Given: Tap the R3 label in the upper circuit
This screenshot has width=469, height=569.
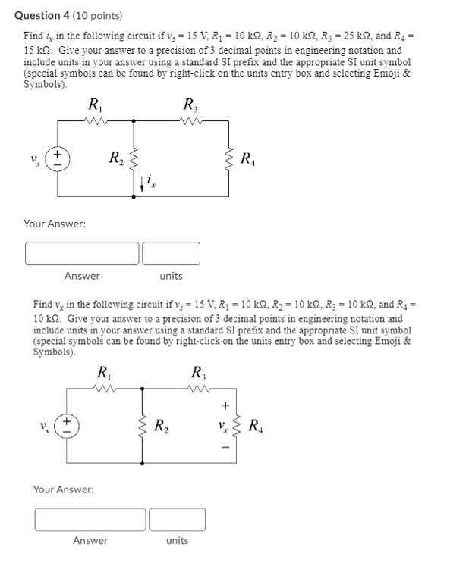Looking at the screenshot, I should tap(191, 105).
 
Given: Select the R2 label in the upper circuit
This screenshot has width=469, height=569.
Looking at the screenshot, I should tap(115, 158).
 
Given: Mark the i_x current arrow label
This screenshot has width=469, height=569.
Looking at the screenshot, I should tap(150, 180).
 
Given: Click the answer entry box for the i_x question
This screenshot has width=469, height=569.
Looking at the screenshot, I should tap(82, 253).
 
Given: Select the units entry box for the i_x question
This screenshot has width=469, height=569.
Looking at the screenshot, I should tap(171, 253).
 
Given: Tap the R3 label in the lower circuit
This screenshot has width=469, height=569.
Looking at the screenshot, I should tap(199, 372).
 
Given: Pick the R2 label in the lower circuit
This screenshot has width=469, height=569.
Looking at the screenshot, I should tap(162, 424).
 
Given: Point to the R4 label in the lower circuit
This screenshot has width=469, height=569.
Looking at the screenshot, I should tap(257, 424).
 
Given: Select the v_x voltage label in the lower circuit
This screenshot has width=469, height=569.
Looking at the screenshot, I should tap(222, 424).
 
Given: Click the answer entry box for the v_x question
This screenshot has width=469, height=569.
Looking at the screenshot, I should tap(90, 519).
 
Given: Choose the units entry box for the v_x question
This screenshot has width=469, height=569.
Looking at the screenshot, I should tap(178, 519).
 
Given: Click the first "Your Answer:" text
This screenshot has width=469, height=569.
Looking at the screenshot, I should tap(55, 224).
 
